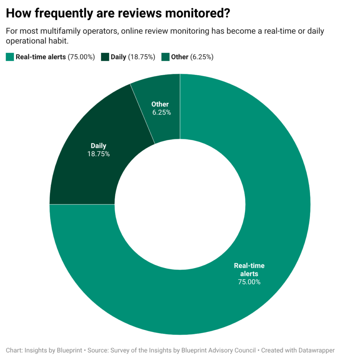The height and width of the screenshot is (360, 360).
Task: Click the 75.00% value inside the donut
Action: pos(249,282)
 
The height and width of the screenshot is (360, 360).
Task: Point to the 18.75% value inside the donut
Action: pos(98,154)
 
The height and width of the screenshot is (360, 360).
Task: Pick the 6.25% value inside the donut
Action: pos(161,112)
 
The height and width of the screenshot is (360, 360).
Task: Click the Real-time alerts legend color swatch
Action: pos(10,57)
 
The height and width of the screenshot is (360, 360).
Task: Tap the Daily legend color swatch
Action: pos(105,57)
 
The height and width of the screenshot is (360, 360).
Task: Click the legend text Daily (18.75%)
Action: pos(133,57)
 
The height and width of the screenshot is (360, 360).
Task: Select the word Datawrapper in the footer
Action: pos(315,350)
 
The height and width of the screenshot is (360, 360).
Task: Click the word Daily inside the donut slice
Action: pos(98,146)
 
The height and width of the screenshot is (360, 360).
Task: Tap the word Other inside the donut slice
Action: pos(160,104)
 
